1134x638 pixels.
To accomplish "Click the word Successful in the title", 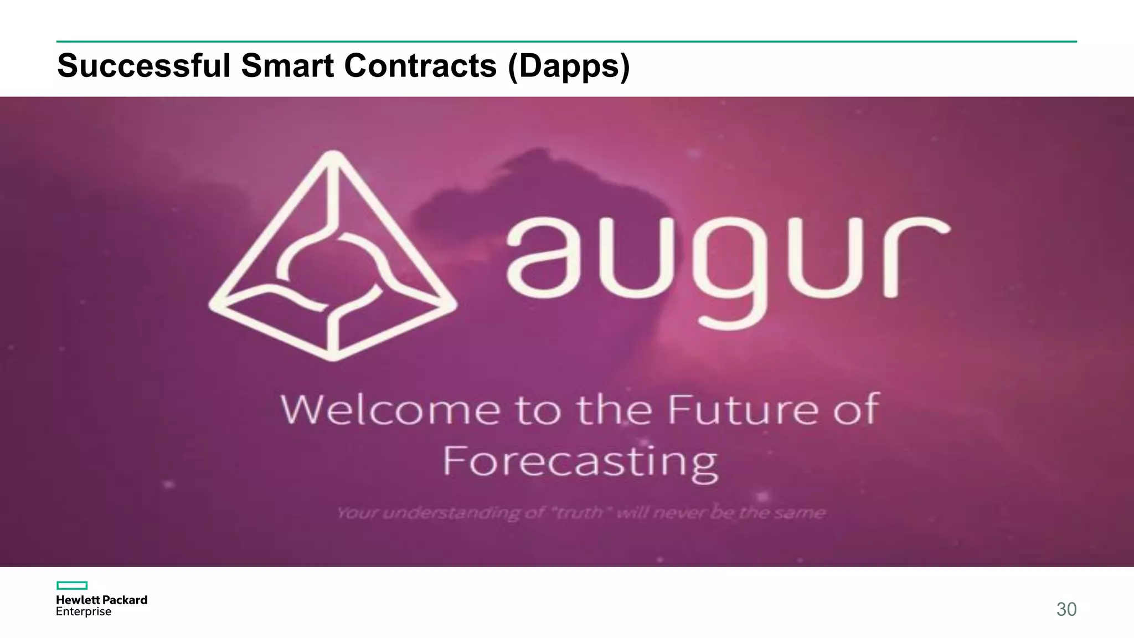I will point(143,65).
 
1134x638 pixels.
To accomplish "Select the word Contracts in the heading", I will point(420,65).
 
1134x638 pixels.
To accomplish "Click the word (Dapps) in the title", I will point(569,66).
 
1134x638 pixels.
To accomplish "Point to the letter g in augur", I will point(730,271).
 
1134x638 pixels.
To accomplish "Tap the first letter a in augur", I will point(544,258).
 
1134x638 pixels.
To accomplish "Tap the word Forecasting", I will point(580,462).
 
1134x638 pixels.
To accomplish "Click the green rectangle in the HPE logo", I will point(72,585).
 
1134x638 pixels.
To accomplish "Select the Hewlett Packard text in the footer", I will point(101,600).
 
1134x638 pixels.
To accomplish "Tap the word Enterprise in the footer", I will point(84,611).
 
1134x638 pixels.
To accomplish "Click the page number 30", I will point(1066,609).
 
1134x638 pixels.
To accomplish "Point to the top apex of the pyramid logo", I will point(333,155).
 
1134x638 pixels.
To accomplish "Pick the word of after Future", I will point(856,410).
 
